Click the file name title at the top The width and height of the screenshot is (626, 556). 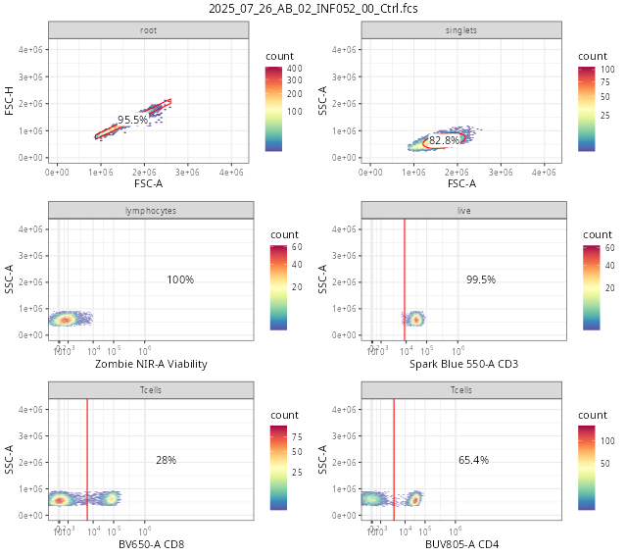pos(313,9)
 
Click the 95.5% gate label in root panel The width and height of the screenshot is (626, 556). pos(132,120)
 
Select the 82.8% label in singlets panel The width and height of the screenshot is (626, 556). pos(444,141)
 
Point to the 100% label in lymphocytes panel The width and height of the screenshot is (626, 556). pos(180,279)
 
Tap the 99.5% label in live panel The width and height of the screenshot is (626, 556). pos(481,279)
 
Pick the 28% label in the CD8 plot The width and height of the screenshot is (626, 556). pos(166,460)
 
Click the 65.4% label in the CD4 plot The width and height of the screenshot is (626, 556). pos(473,460)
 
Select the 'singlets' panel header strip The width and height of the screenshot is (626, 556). pos(461,30)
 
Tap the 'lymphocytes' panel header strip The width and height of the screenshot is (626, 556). pos(151,211)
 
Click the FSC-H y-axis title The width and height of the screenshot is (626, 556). pos(10,101)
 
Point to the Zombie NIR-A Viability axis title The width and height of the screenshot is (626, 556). pos(151,364)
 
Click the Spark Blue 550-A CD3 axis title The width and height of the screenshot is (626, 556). pos(464,364)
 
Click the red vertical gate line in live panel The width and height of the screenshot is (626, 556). pos(405,279)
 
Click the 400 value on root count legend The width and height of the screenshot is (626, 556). pos(294,68)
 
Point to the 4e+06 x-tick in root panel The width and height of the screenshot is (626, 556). pos(232,172)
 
